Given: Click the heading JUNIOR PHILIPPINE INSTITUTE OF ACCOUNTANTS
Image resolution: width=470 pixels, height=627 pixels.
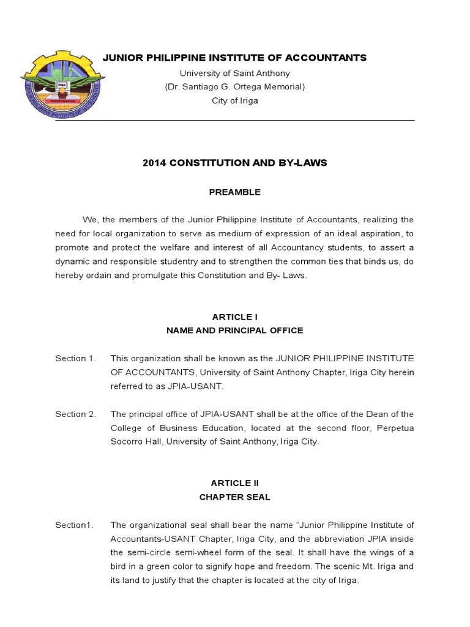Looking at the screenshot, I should pos(234,58).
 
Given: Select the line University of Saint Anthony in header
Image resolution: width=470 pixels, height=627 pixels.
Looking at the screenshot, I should pos(234,73).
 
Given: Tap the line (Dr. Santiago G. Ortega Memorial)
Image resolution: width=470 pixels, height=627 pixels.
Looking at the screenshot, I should pos(234,87).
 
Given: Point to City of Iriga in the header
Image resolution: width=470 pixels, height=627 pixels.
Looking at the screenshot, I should pos(234,101).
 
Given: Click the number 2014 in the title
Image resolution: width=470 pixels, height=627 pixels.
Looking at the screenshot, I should pos(154,163).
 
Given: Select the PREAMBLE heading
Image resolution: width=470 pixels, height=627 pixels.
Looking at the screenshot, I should pos(234,192).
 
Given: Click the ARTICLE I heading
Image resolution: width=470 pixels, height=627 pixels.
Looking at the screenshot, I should pos(234,317).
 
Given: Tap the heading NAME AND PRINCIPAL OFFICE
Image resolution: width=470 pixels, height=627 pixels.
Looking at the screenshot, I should pos(234,331).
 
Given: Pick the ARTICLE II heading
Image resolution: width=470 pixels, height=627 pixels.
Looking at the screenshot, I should pos(234,483).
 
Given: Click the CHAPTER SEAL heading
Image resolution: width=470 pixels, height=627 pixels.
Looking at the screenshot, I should pos(234,497).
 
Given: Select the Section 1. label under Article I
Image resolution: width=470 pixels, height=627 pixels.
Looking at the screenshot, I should pos(75,358).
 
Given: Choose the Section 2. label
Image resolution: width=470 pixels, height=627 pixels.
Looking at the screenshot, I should pos(75,415).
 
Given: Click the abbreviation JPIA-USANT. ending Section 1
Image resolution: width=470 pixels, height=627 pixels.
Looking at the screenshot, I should pos(195,386).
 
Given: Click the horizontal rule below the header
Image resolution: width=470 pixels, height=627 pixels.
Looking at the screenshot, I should pos(234,121).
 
